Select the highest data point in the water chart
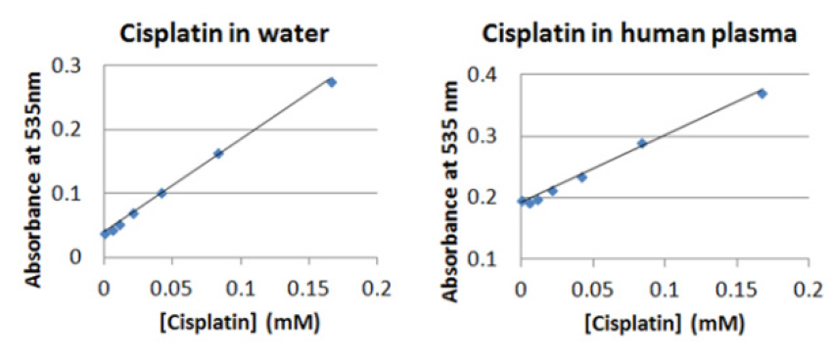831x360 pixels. coord(331,82)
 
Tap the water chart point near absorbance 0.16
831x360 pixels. coord(218,154)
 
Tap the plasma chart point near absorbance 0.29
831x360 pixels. coord(642,143)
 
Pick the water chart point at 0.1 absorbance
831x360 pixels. coord(162,193)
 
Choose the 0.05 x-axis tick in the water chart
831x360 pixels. coord(172,288)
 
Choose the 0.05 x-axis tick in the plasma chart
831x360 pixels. coord(593,290)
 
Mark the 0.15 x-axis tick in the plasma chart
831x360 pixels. coord(737,290)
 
